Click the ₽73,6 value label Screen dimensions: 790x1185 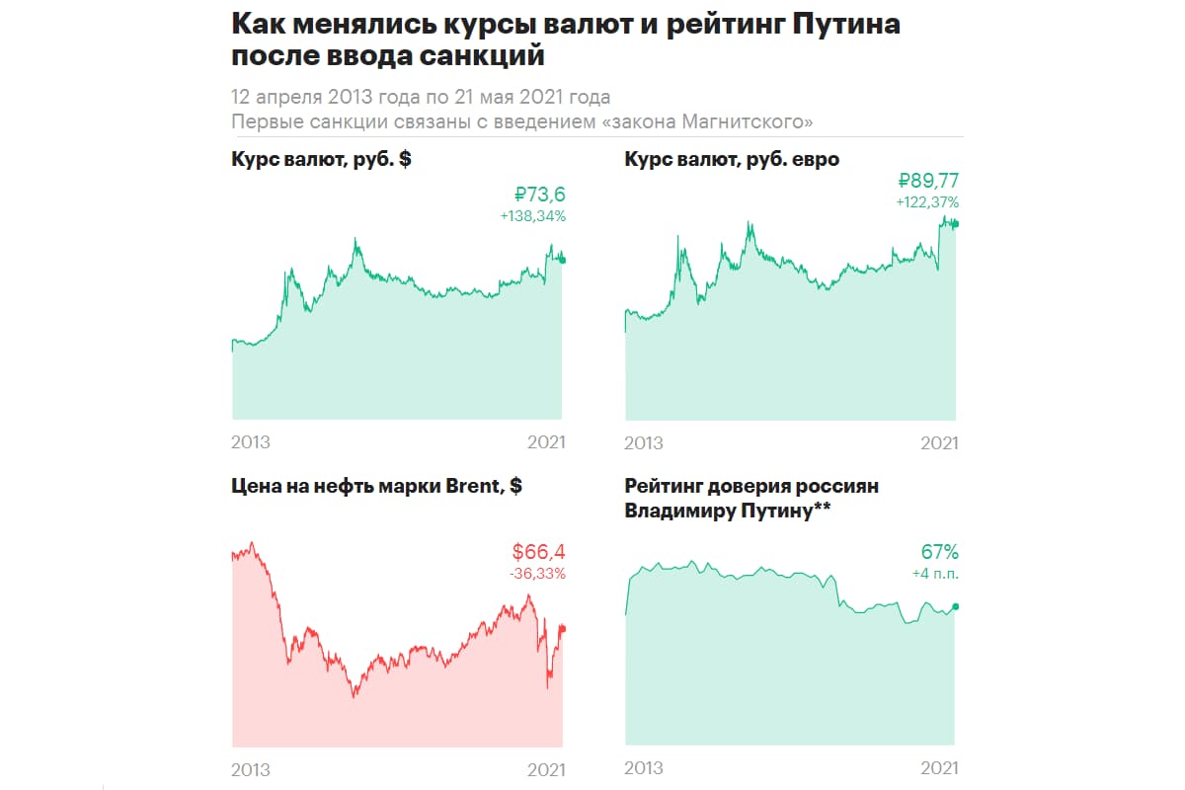[540, 194]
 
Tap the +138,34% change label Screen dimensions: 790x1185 [533, 215]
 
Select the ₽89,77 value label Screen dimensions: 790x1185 [927, 180]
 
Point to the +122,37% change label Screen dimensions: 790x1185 [926, 201]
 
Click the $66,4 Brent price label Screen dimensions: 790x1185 [538, 552]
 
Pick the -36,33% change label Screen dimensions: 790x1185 [537, 574]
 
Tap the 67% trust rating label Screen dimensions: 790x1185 [939, 552]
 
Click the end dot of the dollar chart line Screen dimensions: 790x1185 [563, 260]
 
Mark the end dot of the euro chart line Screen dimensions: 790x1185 [956, 223]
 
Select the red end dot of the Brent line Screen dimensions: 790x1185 [563, 628]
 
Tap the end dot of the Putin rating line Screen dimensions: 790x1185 [956, 606]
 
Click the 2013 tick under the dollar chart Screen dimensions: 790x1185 [251, 442]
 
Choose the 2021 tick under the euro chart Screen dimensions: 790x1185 [939, 443]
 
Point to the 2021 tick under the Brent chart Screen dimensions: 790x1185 [546, 769]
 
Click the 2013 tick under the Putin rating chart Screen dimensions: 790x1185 [645, 767]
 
